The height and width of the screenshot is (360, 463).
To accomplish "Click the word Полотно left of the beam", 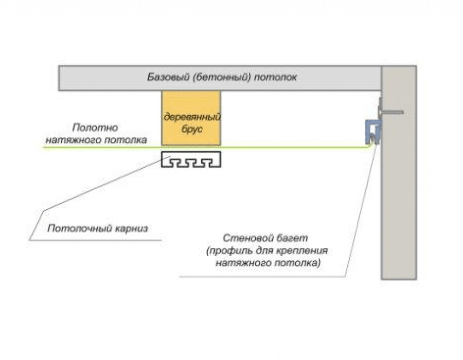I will click(x=95, y=128).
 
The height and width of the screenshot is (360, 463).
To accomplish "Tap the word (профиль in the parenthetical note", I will click(x=226, y=251).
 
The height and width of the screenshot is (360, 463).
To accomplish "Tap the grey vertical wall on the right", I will click(x=398, y=206).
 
